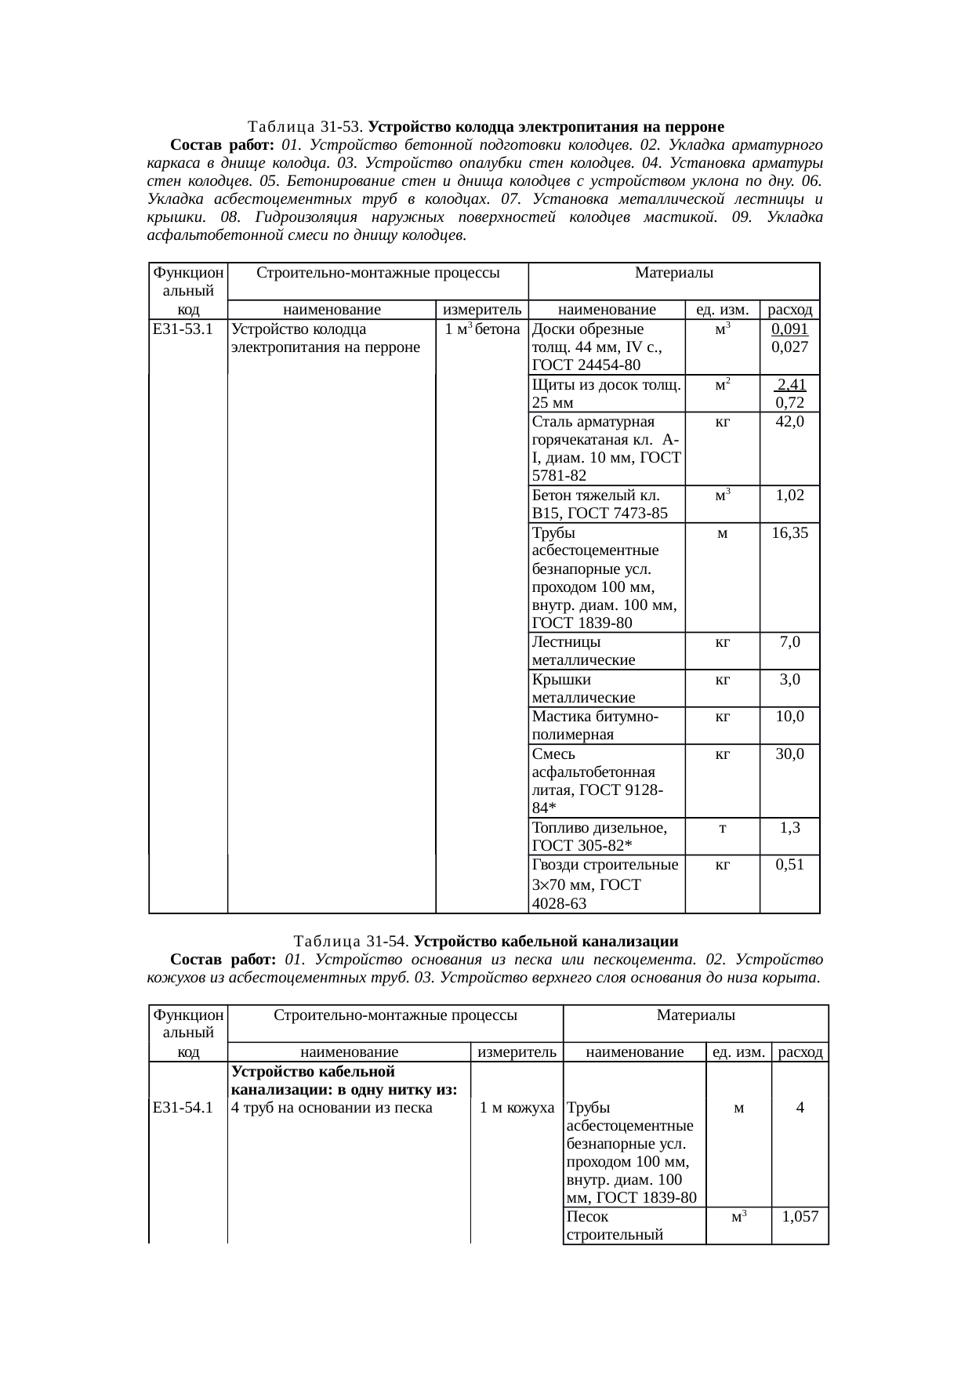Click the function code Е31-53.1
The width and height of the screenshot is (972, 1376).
tap(183, 329)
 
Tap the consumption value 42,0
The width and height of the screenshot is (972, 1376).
tap(789, 422)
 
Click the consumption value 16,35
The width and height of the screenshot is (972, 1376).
tap(789, 533)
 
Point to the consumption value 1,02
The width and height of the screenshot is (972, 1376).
tap(789, 496)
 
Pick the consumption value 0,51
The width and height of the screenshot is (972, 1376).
tap(789, 865)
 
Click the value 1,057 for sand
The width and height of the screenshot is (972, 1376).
tap(800, 1217)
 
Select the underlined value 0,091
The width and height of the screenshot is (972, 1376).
tap(789, 329)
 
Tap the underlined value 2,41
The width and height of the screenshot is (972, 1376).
tap(791, 384)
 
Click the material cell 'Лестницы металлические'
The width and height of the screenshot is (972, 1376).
tap(584, 651)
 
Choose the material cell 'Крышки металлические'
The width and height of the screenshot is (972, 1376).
tap(584, 688)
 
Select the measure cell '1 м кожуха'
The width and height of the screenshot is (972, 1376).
tap(517, 1108)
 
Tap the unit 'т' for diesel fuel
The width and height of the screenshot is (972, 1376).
tap(722, 828)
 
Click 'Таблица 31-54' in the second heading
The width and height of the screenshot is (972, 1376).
tap(351, 941)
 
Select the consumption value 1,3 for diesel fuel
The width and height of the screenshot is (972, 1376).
tap(789, 828)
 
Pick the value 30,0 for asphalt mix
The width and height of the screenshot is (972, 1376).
tap(789, 754)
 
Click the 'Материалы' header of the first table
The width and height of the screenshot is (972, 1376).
tap(673, 273)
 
